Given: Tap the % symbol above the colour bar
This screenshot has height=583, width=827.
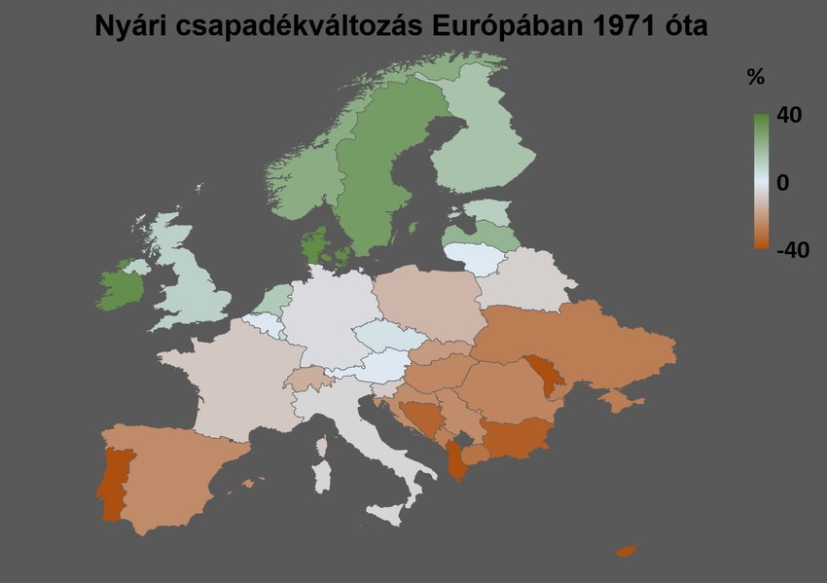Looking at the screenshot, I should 755,78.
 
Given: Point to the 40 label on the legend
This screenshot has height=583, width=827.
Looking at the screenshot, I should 789,116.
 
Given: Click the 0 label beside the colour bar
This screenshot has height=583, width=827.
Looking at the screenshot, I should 782,183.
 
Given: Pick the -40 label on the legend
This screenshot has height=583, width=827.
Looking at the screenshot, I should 793,250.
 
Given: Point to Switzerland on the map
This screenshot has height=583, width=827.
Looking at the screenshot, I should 311,378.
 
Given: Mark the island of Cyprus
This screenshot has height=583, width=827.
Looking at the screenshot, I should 627,551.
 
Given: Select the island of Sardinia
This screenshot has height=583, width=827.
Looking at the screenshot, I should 322,476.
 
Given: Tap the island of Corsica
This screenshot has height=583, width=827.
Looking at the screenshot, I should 322,446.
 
